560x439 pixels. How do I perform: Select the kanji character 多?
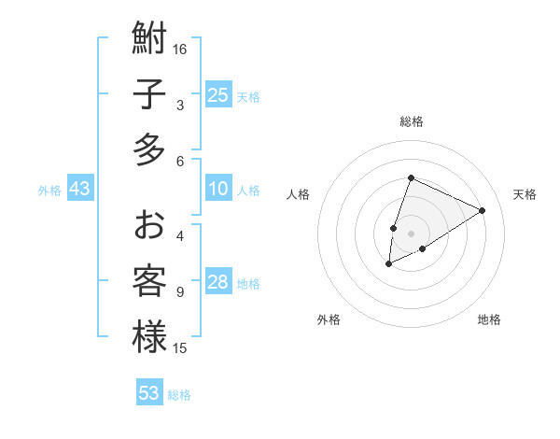(149, 149)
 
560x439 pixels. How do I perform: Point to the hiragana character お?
(149, 226)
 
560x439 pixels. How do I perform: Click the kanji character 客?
(149, 281)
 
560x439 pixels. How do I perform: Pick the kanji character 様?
(149, 336)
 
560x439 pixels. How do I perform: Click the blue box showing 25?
(218, 95)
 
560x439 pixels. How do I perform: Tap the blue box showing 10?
(218, 189)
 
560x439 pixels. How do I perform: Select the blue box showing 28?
(218, 282)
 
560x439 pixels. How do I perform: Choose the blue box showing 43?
(80, 190)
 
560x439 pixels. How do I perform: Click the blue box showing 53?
(149, 393)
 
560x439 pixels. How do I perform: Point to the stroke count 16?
(180, 50)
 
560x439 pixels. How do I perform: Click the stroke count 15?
(180, 348)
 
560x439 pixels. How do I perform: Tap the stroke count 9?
(179, 292)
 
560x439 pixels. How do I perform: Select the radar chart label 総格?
(411, 121)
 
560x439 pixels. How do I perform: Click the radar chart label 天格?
(525, 194)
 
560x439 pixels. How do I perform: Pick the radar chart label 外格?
(329, 319)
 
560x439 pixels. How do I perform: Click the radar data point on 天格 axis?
(483, 210)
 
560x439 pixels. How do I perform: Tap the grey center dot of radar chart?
(411, 234)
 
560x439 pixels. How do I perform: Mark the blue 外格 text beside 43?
(49, 191)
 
